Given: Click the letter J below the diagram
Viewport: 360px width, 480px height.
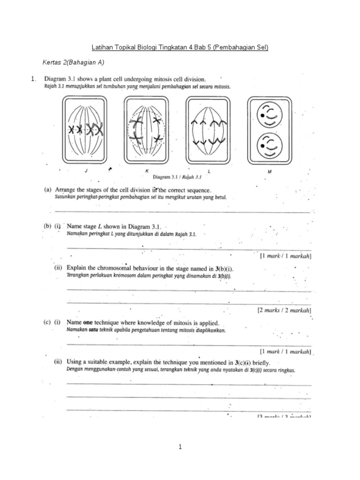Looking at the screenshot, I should point(86,172).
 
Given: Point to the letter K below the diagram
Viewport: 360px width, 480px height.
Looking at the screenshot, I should point(147,172).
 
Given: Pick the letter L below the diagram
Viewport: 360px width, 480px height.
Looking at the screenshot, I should point(209,172).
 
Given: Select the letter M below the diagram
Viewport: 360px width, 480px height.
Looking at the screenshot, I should point(270,172).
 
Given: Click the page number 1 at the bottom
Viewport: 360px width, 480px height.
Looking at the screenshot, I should point(180,447).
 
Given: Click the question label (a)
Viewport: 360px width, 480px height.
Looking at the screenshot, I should point(48,190).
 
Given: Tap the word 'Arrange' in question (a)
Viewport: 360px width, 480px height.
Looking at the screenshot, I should point(66,190).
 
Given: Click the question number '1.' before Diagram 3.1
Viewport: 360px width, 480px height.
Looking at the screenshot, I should point(33,79).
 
